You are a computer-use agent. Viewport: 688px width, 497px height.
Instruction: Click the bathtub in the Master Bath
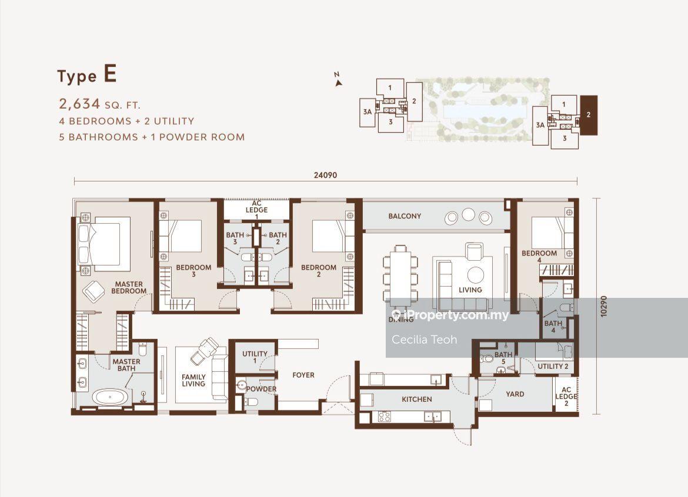pyautogui.click(x=111, y=398)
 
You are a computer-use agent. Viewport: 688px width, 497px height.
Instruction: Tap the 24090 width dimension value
pyautogui.click(x=326, y=175)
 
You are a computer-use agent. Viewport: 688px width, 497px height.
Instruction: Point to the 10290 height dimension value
pyautogui.click(x=603, y=306)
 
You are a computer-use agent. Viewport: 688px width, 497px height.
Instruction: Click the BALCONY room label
pyautogui.click(x=405, y=216)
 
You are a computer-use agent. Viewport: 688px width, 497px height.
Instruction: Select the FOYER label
pyautogui.click(x=303, y=375)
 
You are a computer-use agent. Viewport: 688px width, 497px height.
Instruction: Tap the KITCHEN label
pyautogui.click(x=417, y=399)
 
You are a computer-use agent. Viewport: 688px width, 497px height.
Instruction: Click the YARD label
pyautogui.click(x=515, y=394)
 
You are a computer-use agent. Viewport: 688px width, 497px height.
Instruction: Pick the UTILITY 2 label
pyautogui.click(x=553, y=367)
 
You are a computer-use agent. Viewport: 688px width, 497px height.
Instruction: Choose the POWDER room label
pyautogui.click(x=261, y=389)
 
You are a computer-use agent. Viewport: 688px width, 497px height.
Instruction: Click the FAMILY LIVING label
pyautogui.click(x=193, y=381)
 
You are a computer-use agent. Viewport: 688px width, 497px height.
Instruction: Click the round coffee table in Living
pyautogui.click(x=475, y=276)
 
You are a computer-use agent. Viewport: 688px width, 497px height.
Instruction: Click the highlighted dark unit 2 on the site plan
pyautogui.click(x=589, y=115)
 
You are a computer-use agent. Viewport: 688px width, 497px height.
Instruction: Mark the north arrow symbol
pyautogui.click(x=338, y=80)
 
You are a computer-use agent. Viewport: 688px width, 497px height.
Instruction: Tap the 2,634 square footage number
pyautogui.click(x=79, y=104)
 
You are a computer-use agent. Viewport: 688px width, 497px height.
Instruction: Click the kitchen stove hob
pyautogui.click(x=385, y=417)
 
